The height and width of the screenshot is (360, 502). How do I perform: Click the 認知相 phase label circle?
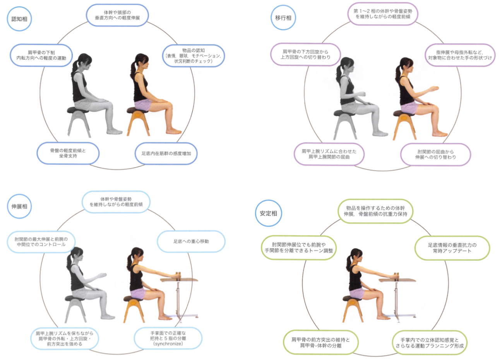(19, 19)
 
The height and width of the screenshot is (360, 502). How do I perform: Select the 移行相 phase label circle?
(283, 18)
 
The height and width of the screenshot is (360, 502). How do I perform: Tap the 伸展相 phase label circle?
(19, 206)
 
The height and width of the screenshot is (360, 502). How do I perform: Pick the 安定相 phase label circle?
(268, 213)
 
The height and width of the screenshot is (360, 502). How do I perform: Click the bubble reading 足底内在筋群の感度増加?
(166, 154)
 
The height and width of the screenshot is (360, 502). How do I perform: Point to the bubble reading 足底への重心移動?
(191, 241)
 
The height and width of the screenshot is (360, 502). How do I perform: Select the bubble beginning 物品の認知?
(193, 56)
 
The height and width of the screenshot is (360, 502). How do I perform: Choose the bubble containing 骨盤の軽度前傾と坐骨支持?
(68, 153)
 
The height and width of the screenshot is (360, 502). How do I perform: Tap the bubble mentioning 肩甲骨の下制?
(41, 55)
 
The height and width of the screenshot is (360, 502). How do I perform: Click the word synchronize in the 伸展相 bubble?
(168, 344)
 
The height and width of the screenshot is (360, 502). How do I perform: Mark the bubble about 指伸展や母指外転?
(460, 55)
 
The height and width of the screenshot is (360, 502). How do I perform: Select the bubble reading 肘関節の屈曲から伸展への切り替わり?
(435, 154)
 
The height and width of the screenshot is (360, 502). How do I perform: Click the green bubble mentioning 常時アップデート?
(452, 248)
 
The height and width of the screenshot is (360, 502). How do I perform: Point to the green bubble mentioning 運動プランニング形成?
(429, 343)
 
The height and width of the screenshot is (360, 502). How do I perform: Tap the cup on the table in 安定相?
(396, 277)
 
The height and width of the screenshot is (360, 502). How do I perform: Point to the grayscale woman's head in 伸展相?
(75, 255)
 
